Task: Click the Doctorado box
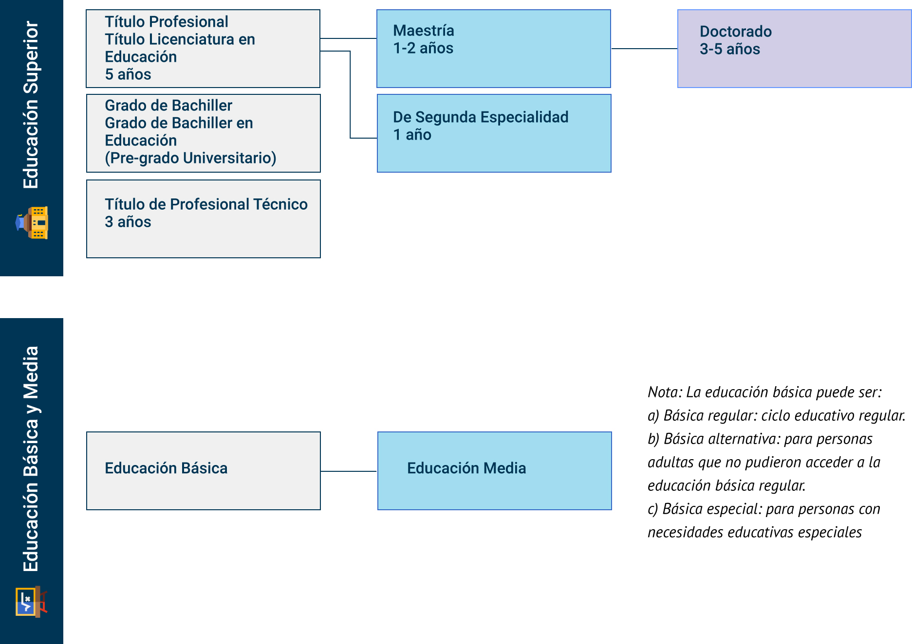(x=794, y=49)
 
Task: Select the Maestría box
(x=493, y=49)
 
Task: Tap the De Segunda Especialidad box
(x=494, y=133)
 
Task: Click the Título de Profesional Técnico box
(x=203, y=219)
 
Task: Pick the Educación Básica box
(x=203, y=471)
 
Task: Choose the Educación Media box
(x=494, y=471)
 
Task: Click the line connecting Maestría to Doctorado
(x=644, y=49)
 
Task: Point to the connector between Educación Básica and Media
(x=349, y=471)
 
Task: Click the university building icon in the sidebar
(x=32, y=223)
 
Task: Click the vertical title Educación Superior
(x=31, y=105)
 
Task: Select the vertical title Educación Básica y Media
(x=31, y=459)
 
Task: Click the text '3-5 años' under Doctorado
(x=729, y=49)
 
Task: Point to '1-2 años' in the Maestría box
(x=423, y=48)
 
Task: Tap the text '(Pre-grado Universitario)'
(x=190, y=158)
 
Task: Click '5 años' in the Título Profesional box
(x=128, y=74)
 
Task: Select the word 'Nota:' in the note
(x=665, y=392)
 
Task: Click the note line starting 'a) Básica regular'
(x=776, y=415)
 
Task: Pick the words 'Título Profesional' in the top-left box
(x=167, y=22)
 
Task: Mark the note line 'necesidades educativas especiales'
(x=754, y=532)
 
